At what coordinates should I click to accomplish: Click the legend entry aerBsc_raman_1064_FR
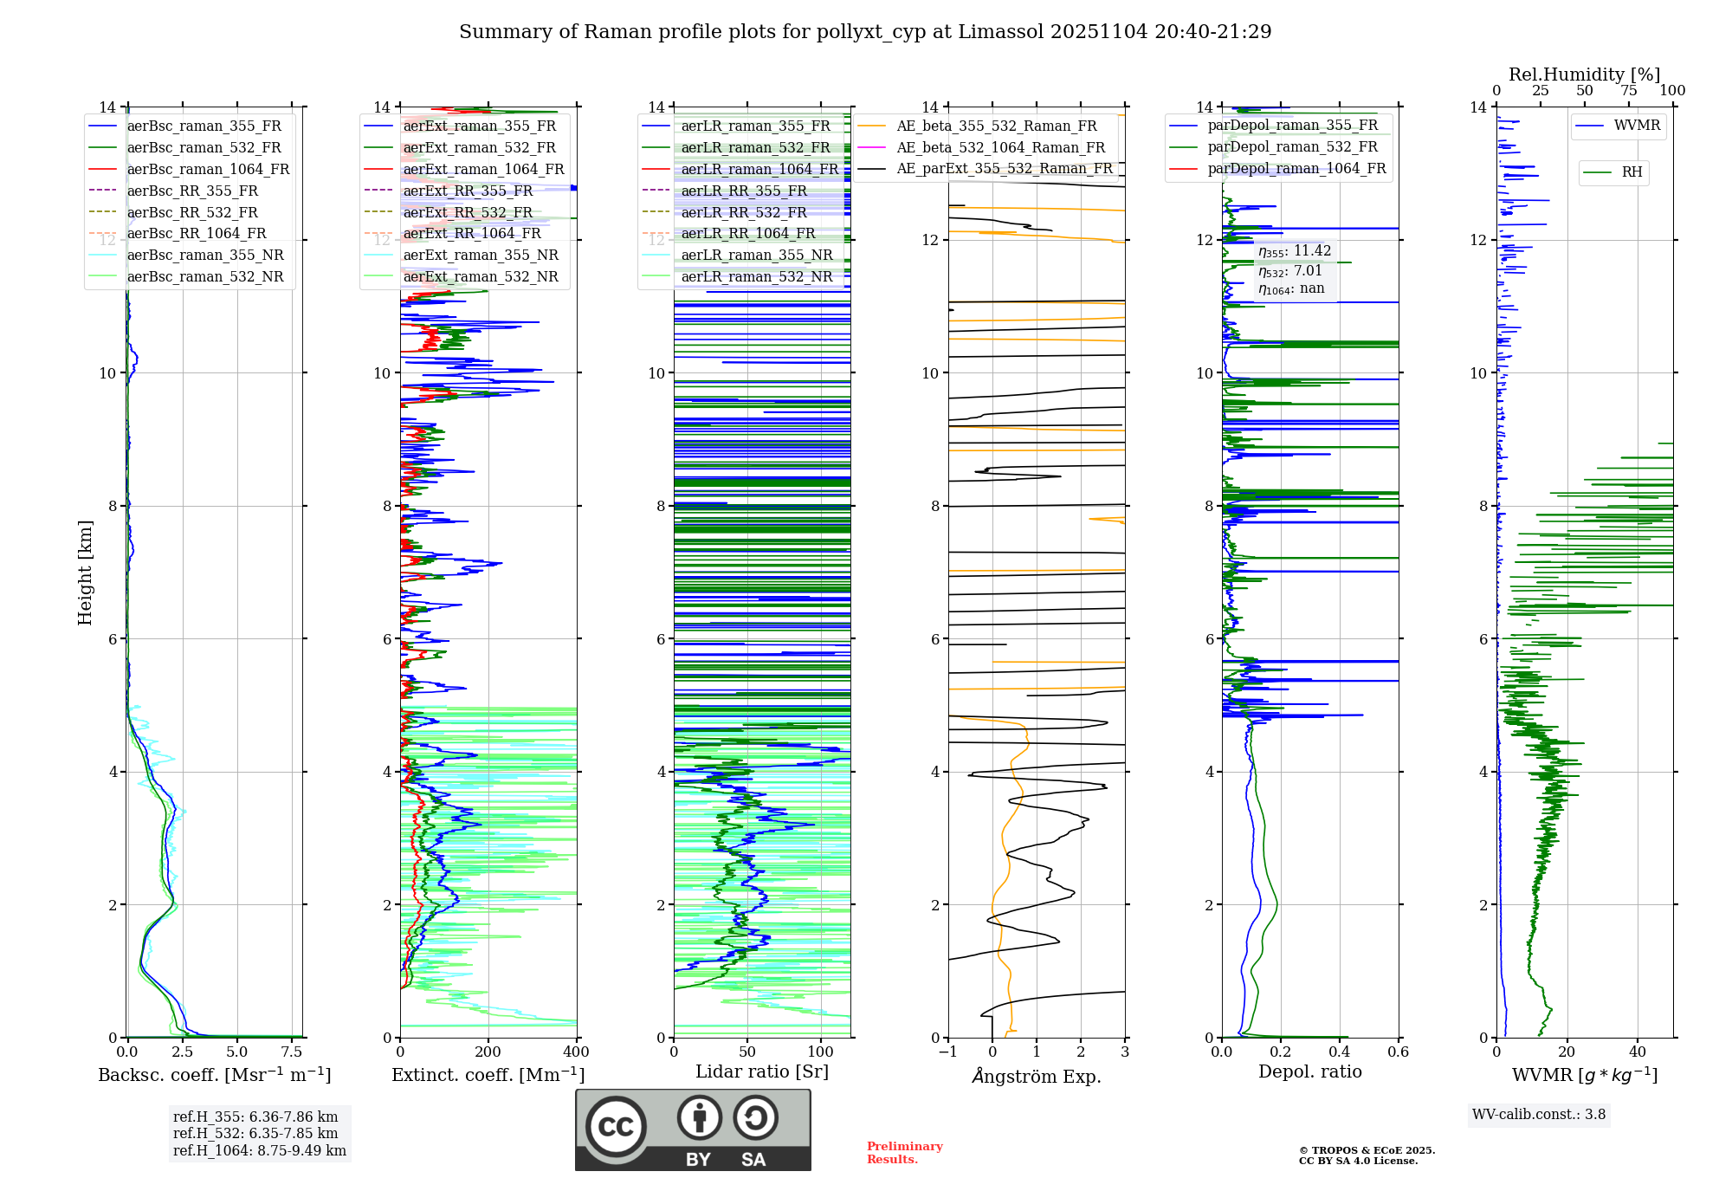208,170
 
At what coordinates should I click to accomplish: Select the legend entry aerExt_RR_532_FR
468,212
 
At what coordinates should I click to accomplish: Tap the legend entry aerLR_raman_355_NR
756,256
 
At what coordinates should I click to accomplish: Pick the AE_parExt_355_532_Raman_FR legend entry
1004,169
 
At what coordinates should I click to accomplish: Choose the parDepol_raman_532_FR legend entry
1292,147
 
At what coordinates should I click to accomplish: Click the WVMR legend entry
1637,126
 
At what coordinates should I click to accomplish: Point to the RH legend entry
1632,172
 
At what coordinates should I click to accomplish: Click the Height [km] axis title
85,573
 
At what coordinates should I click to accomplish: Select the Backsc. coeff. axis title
214,1075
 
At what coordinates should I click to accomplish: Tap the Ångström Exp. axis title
1037,1077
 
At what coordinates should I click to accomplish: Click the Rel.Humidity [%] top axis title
1584,74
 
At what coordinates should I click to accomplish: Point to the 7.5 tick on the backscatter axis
292,1052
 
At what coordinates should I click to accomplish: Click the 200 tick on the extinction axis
488,1052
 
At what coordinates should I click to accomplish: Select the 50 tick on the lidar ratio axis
747,1052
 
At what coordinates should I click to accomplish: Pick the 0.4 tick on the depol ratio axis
1340,1052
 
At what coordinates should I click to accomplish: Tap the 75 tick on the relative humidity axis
1629,91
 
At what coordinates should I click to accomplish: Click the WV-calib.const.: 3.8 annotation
1538,1115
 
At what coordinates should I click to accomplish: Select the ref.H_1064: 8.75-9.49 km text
259,1151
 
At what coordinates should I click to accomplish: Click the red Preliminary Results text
904,1153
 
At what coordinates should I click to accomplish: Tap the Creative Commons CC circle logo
616,1127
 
